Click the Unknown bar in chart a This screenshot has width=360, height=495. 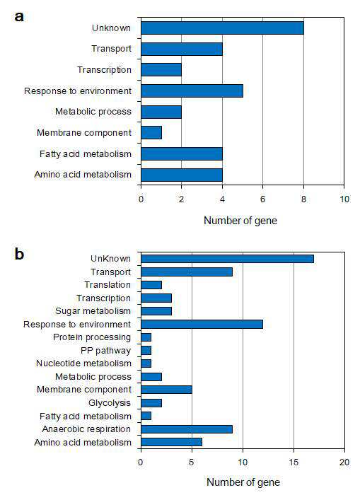click(222, 28)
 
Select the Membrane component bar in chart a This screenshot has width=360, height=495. click(151, 133)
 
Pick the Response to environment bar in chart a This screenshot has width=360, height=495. click(192, 91)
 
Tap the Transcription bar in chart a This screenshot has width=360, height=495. click(161, 70)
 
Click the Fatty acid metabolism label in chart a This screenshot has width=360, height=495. click(86, 154)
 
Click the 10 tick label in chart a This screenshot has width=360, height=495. click(344, 199)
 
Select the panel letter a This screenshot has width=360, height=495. click(19, 16)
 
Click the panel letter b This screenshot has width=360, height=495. click(19, 254)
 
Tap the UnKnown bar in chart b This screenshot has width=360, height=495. click(227, 259)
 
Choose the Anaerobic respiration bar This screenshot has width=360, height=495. click(187, 429)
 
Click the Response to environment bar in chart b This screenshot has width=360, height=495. click(202, 324)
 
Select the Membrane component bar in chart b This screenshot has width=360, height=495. click(166, 390)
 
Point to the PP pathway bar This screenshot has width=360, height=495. click(146, 351)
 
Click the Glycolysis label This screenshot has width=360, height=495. click(110, 403)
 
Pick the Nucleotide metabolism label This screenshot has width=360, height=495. click(83, 363)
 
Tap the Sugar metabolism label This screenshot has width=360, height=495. click(93, 311)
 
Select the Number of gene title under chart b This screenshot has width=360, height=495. click(243, 482)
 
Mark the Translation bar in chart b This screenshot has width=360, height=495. click(151, 285)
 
